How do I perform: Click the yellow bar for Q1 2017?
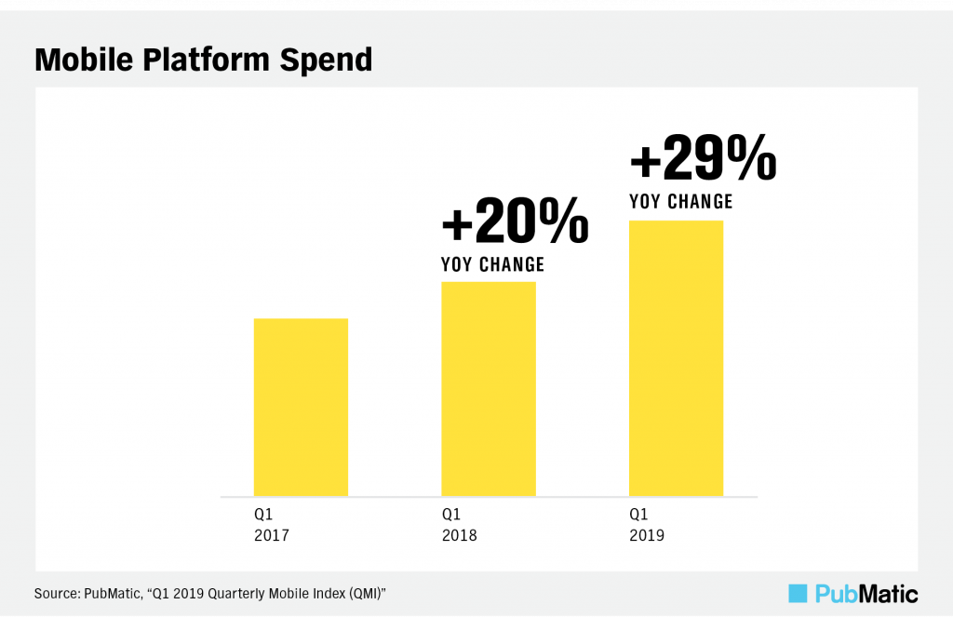[301, 407]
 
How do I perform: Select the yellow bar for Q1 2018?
[489, 388]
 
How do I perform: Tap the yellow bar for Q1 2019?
[677, 358]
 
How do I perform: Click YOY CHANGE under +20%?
[492, 265]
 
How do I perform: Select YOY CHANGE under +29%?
[681, 201]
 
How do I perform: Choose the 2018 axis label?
[459, 535]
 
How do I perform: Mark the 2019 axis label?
[647, 535]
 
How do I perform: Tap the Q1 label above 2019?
[638, 514]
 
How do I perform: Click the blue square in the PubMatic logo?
[798, 593]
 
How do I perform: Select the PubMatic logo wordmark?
[866, 593]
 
